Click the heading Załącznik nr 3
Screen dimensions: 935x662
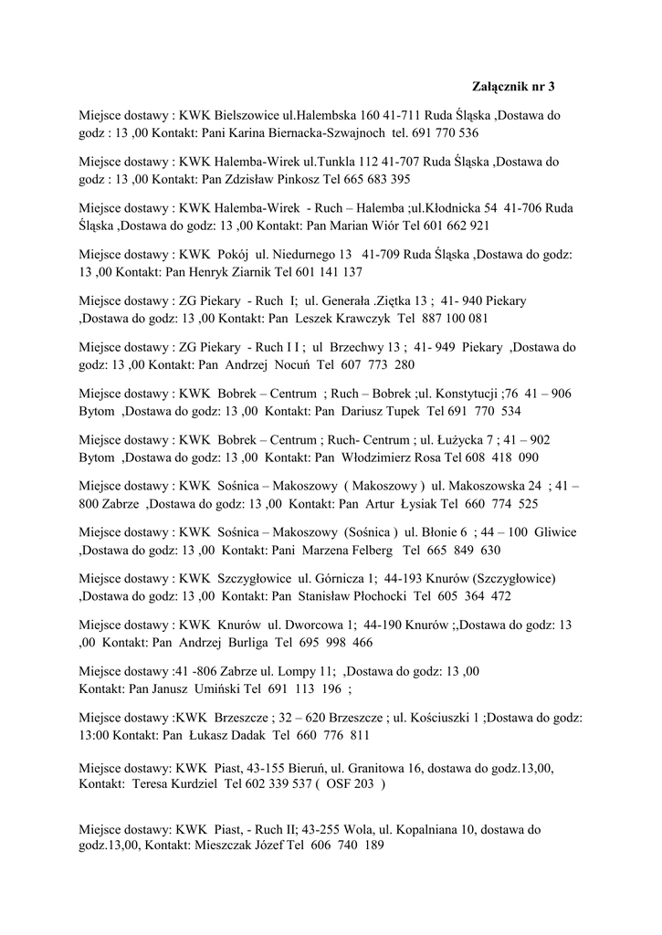pyautogui.click(x=513, y=87)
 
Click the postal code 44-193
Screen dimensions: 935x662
pyautogui.click(x=405, y=579)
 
